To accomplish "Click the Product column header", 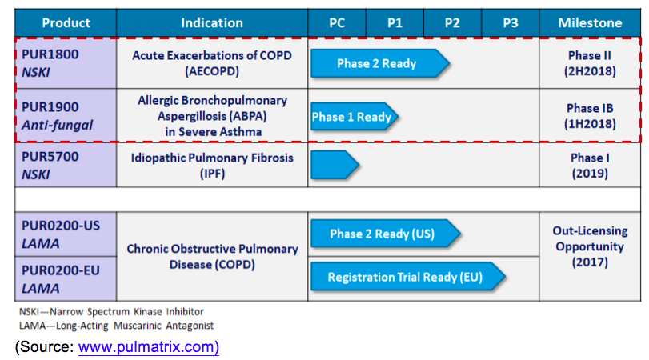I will (x=66, y=23).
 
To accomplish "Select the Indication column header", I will (x=212, y=23).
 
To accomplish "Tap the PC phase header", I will (x=337, y=23).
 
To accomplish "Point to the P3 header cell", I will (x=510, y=23).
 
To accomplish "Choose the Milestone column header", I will (x=590, y=23).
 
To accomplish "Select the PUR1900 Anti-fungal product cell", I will (x=66, y=115).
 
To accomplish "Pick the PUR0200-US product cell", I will (x=66, y=234).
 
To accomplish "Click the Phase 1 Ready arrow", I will (x=353, y=117).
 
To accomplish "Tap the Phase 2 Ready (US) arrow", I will (x=383, y=234).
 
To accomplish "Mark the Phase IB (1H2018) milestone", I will (x=590, y=116).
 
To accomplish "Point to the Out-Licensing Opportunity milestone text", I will (x=590, y=246).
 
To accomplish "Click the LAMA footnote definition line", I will (x=115, y=326).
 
